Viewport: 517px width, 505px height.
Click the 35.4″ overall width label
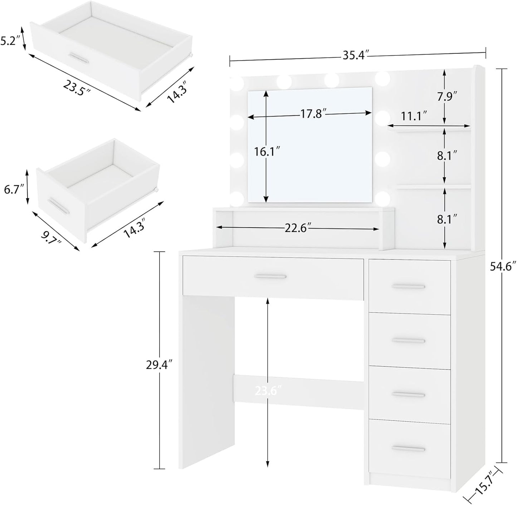click(x=356, y=56)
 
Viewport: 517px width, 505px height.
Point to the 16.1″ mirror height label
click(x=266, y=151)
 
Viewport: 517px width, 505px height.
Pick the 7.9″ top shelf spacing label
click(x=447, y=96)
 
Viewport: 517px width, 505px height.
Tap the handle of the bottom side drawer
click(x=408, y=449)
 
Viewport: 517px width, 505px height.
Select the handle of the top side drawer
click(x=408, y=286)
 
